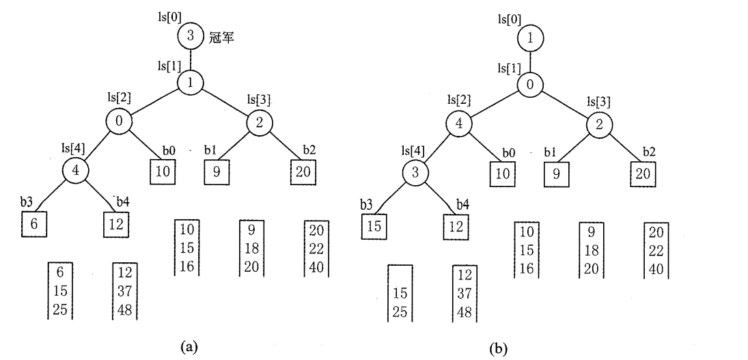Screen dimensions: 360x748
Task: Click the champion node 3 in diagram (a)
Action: (190, 34)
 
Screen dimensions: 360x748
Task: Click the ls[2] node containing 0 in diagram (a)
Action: (118, 124)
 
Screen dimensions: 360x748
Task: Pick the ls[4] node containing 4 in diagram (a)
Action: (77, 170)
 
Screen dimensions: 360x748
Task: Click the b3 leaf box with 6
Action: (34, 223)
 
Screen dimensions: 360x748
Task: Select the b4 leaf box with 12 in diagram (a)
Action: (117, 223)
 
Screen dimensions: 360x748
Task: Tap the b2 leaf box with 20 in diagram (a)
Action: (302, 171)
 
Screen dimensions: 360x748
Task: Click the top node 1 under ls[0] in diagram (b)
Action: (530, 39)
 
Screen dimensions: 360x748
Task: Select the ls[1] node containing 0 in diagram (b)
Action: (530, 85)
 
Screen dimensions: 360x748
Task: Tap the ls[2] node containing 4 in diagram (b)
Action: (459, 124)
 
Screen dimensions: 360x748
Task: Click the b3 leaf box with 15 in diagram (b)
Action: (374, 225)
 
